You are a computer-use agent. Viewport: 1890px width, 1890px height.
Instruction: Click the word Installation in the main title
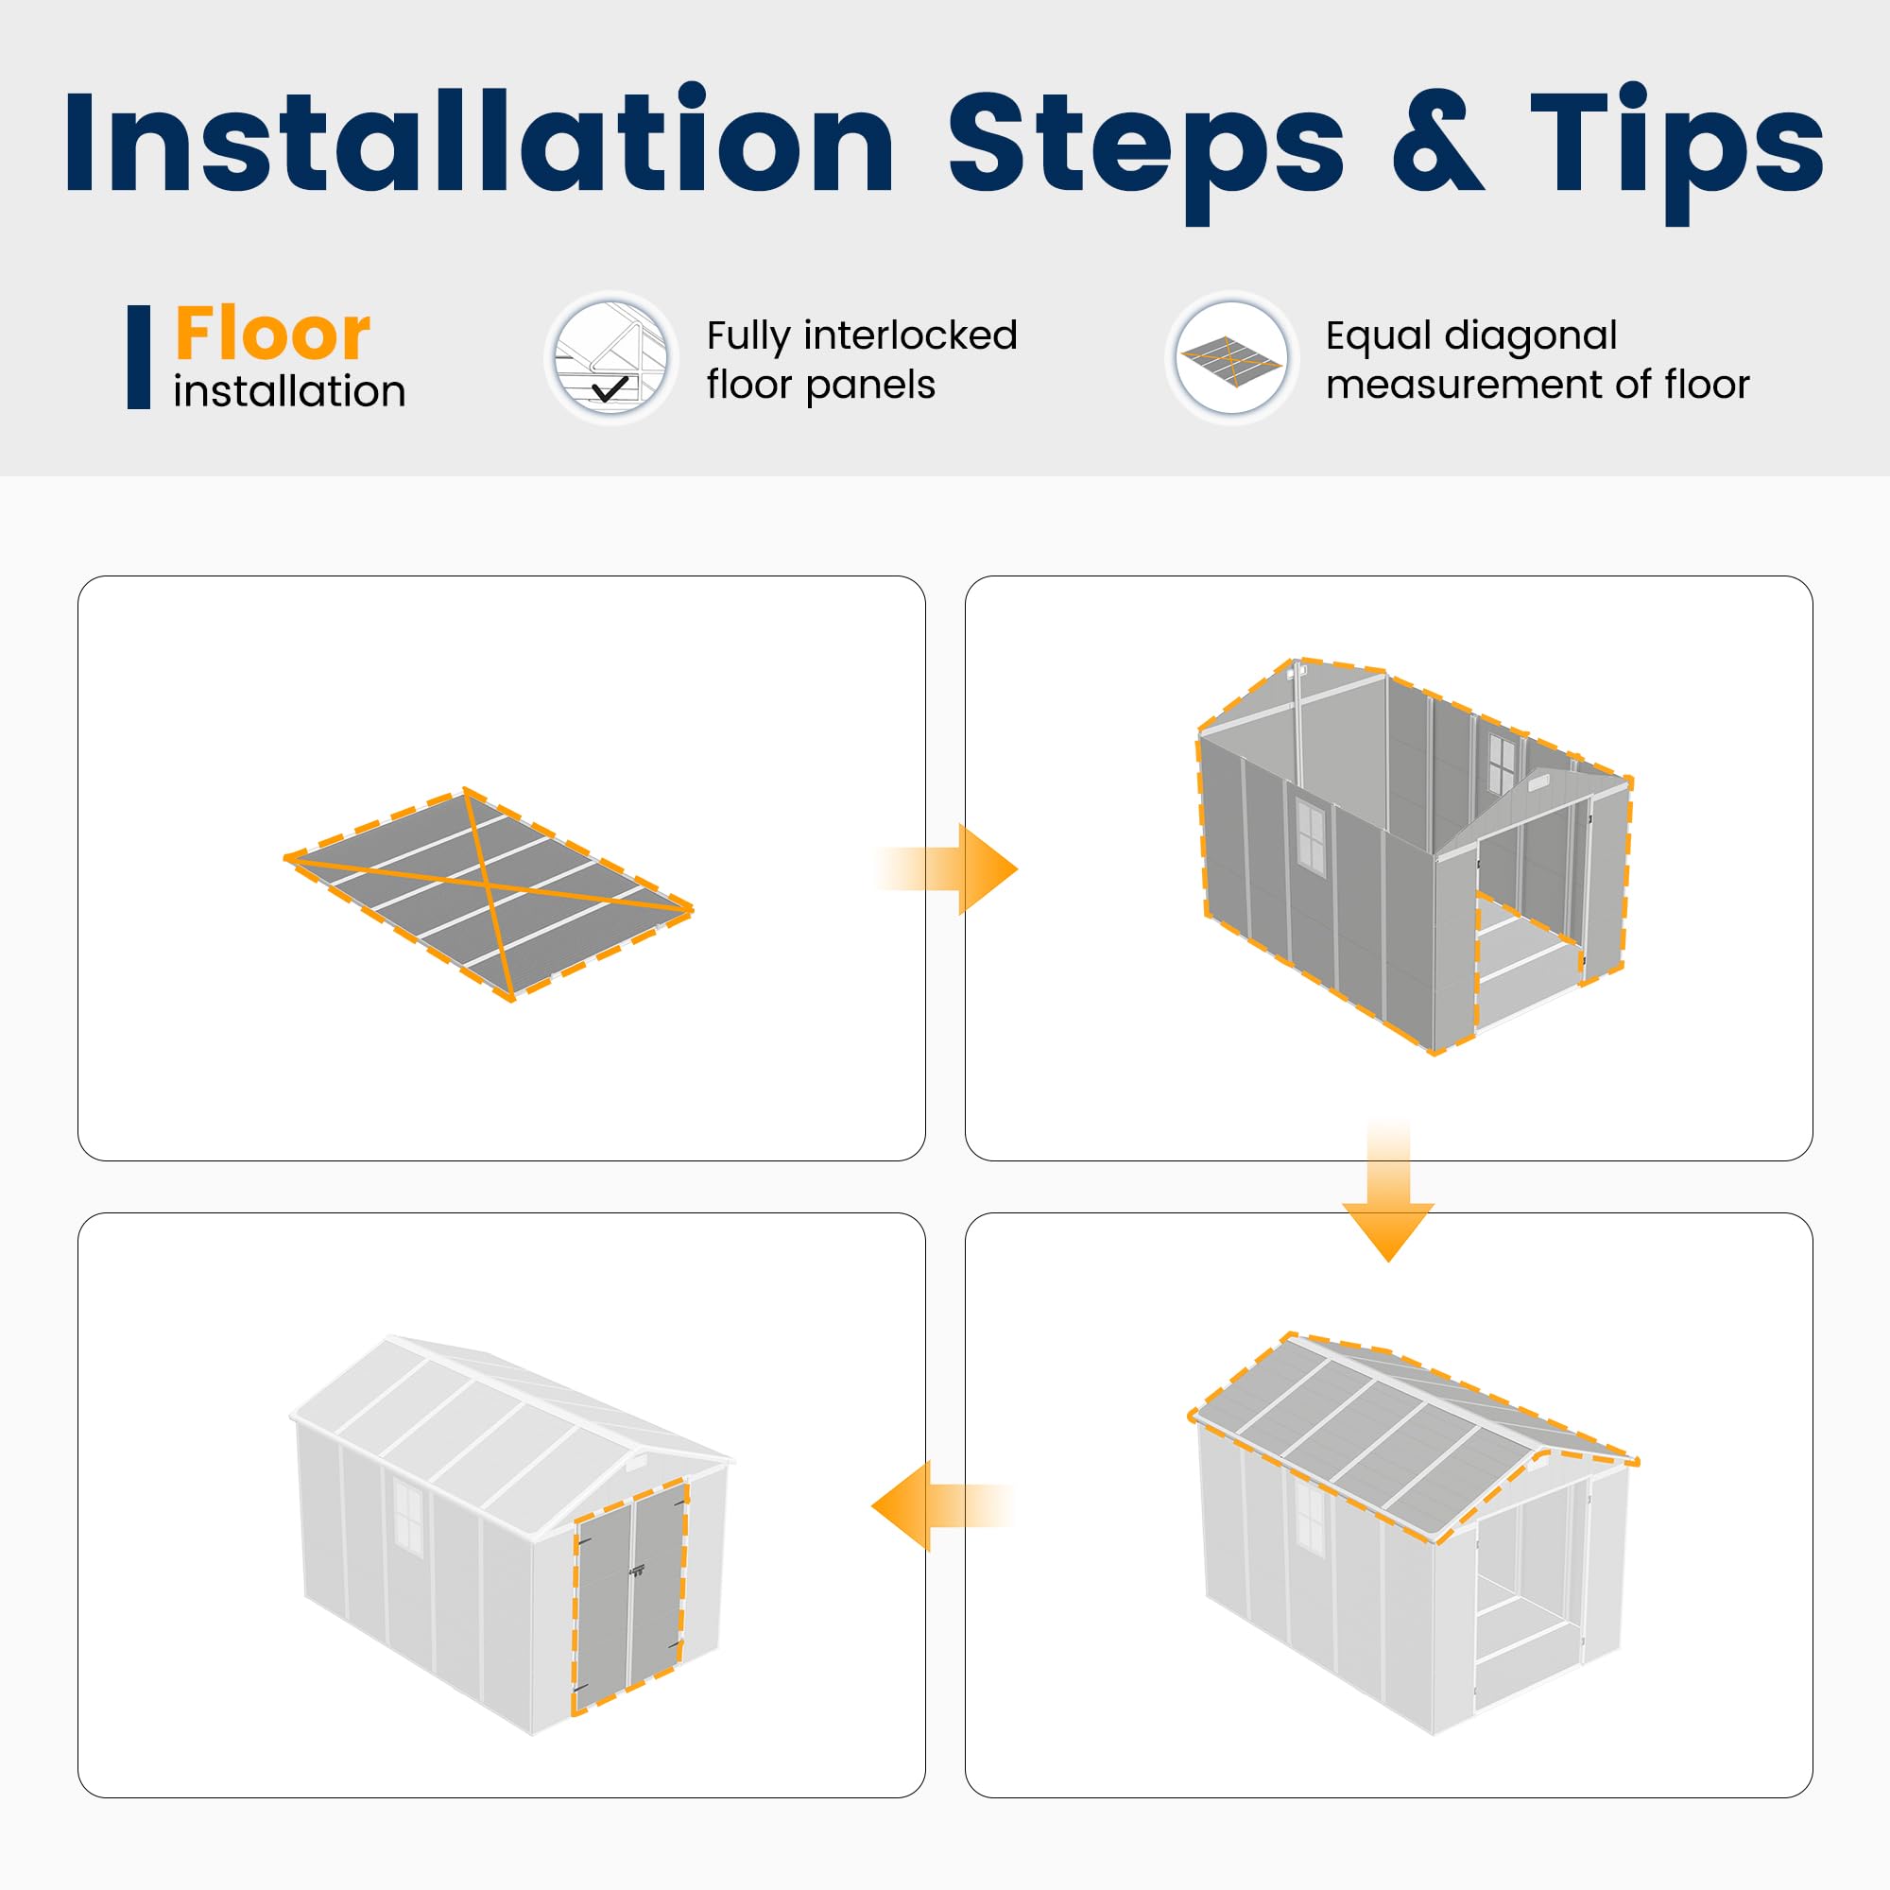tap(479, 142)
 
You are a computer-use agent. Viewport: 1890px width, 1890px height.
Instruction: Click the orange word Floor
tap(272, 334)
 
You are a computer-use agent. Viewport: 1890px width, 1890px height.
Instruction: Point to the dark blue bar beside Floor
tap(139, 357)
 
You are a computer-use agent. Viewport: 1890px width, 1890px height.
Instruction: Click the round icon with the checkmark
tap(611, 358)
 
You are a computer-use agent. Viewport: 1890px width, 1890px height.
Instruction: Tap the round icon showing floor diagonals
tap(1231, 358)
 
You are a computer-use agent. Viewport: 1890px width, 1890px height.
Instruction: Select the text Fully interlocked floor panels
tap(862, 360)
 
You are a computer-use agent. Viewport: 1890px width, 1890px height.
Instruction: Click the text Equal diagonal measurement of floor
tap(1537, 360)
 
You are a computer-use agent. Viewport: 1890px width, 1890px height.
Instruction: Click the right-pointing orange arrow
tap(947, 869)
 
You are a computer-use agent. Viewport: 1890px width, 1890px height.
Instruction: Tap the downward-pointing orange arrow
tap(1388, 1192)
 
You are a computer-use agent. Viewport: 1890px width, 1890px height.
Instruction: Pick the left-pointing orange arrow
tap(944, 1506)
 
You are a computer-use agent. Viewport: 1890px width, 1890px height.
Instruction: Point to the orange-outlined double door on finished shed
tap(630, 1596)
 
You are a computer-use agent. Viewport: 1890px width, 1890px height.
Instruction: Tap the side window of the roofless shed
tap(1310, 834)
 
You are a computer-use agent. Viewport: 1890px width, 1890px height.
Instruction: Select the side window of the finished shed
tap(408, 1517)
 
